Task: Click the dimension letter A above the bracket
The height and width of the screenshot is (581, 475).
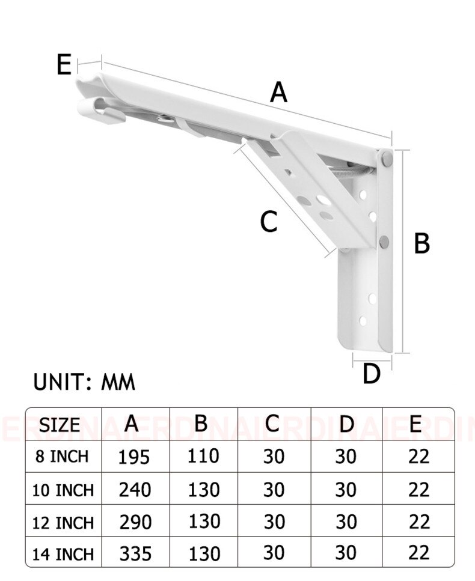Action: [278, 93]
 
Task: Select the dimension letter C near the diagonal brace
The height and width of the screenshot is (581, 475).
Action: [268, 222]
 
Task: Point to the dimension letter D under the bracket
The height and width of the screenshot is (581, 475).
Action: [372, 374]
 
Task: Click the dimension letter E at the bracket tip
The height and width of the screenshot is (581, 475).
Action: [64, 64]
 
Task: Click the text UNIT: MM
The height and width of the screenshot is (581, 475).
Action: [84, 382]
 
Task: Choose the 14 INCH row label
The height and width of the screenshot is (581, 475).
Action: [63, 553]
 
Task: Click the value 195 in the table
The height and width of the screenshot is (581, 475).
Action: [134, 457]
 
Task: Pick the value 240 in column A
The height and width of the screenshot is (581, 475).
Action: [135, 490]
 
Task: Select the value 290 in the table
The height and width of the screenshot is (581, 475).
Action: [135, 522]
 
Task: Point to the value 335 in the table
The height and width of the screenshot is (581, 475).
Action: [135, 553]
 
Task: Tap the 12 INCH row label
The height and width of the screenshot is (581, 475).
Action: [63, 522]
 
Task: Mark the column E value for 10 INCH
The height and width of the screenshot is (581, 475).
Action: [418, 490]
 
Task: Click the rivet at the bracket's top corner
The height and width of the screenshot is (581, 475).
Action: [385, 159]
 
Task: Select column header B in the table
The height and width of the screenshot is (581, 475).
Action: [201, 423]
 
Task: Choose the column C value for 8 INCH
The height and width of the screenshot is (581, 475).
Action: [274, 457]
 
